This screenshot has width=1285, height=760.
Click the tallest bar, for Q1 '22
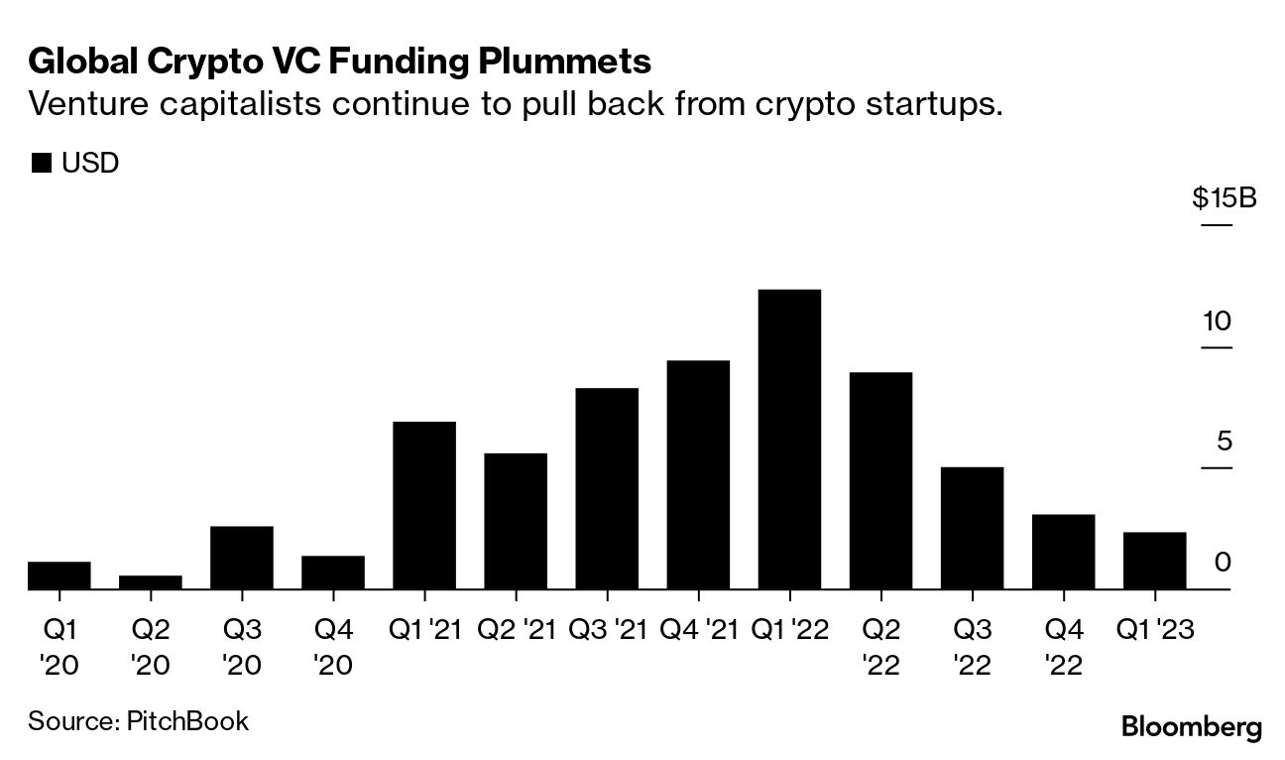click(789, 440)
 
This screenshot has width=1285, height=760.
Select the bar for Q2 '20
click(151, 582)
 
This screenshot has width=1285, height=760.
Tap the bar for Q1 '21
click(424, 506)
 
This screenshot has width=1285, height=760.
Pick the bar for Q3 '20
click(242, 558)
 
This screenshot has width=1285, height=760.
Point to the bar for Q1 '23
click(1154, 561)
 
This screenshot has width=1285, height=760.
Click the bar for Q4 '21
click(698, 475)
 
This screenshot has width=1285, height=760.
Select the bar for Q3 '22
click(972, 528)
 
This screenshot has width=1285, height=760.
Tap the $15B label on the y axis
click(1224, 199)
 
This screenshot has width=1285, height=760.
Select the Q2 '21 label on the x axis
click(515, 629)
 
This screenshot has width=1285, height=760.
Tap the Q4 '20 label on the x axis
click(333, 646)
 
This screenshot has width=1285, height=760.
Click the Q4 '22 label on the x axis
click(1063, 646)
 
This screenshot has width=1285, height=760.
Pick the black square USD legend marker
click(41, 164)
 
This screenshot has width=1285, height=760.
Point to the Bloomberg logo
click(1191, 727)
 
